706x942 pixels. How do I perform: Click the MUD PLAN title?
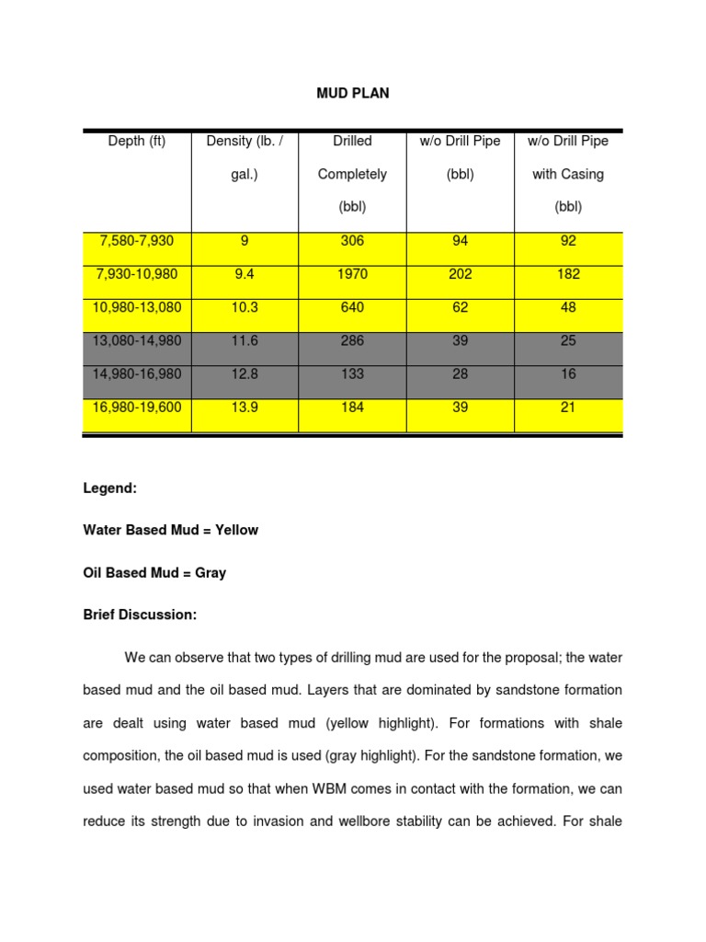click(x=353, y=94)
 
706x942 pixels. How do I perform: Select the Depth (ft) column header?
click(x=137, y=141)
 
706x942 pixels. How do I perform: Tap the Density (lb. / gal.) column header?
click(x=245, y=157)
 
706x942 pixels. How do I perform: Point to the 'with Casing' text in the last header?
click(x=567, y=174)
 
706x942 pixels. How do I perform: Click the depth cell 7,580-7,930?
click(x=137, y=241)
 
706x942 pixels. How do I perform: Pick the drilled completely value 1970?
click(x=352, y=274)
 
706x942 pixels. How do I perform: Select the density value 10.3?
click(x=245, y=307)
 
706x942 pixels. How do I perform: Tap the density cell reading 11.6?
click(x=245, y=340)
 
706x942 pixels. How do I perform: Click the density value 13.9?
click(x=245, y=407)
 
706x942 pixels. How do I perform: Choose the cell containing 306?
click(x=352, y=241)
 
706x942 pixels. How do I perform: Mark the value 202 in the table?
click(x=460, y=274)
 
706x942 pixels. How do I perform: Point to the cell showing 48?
click(x=567, y=307)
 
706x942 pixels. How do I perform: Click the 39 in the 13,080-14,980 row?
click(x=460, y=340)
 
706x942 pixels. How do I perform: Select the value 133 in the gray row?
click(x=352, y=373)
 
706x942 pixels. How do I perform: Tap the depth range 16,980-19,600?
click(x=137, y=407)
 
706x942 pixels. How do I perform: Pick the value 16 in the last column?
click(x=567, y=373)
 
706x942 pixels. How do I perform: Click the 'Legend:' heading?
click(x=109, y=488)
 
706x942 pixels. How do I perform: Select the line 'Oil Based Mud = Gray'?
click(x=154, y=572)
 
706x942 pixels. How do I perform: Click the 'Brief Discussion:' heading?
click(x=140, y=615)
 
